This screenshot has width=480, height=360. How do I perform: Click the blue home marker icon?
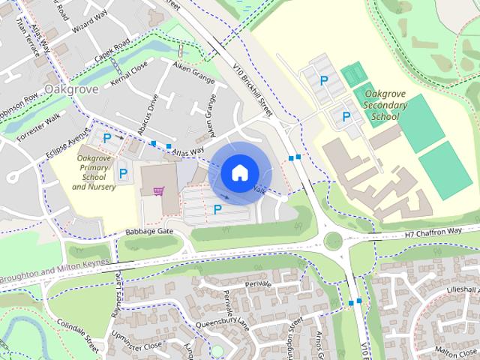pyautogui.click(x=238, y=172)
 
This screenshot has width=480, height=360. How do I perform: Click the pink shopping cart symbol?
pyautogui.click(x=158, y=190)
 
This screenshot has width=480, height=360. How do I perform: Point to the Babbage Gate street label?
pyautogui.click(x=149, y=232)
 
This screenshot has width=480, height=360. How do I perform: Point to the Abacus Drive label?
pyautogui.click(x=151, y=111)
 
